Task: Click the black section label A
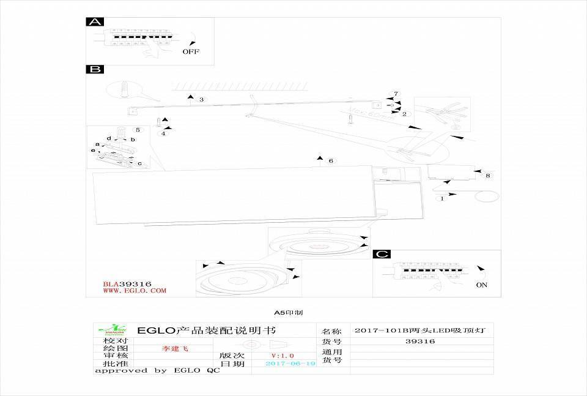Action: (x=94, y=22)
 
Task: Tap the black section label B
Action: (x=95, y=69)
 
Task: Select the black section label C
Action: (x=382, y=254)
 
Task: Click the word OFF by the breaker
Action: (x=191, y=52)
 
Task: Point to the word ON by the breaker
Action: (x=482, y=285)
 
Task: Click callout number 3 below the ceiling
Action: (x=201, y=99)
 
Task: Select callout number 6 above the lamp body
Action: (x=331, y=161)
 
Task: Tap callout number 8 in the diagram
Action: (x=487, y=176)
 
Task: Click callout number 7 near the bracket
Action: (x=396, y=94)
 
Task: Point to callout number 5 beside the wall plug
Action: (x=138, y=130)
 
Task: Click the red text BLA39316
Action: (x=127, y=284)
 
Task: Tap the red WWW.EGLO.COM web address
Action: (x=134, y=291)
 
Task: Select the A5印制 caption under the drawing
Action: (x=289, y=313)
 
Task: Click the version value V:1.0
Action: (x=282, y=356)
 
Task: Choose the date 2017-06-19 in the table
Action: (x=290, y=364)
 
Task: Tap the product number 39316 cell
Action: (x=420, y=342)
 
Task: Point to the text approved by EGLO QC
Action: (x=157, y=371)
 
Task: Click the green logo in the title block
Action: (x=114, y=330)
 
